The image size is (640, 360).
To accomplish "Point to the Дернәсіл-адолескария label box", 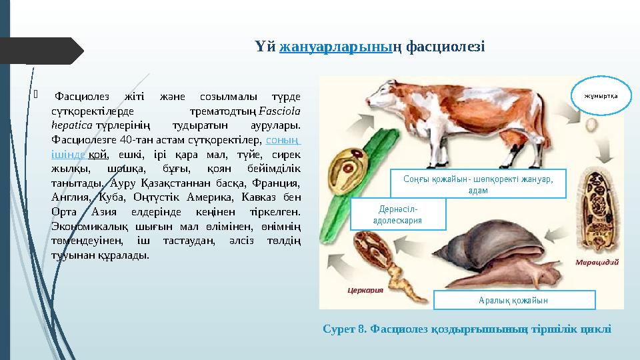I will pos(397,214).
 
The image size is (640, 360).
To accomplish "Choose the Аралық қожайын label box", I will pos(514,300).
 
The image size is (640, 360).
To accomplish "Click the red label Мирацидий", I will pos(597,262).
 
